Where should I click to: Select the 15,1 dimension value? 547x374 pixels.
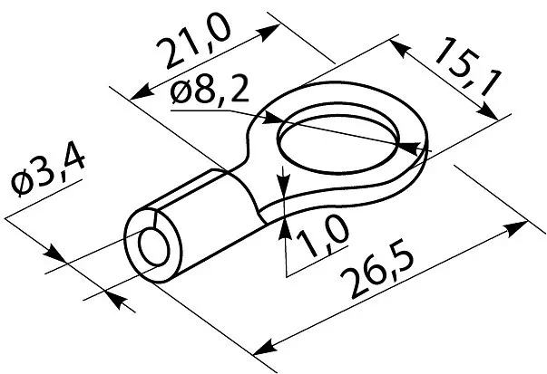point(468,68)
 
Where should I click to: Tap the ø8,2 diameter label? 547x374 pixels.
point(210,90)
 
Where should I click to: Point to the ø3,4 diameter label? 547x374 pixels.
point(48,172)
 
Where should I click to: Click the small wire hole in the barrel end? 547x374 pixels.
point(154,247)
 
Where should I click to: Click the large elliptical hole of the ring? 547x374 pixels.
point(338,143)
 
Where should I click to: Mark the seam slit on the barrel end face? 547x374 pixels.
point(156,218)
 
